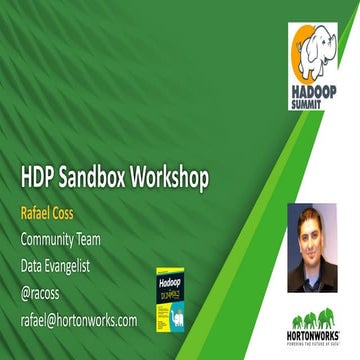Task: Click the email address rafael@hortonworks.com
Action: pos(79,320)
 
